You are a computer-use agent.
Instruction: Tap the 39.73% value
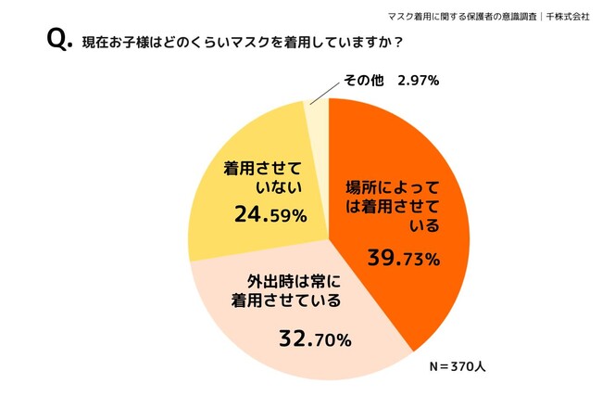coord(406,257)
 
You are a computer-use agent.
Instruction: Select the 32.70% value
coord(315,339)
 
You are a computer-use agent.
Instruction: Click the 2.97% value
coord(418,81)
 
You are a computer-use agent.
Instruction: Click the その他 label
coord(363,81)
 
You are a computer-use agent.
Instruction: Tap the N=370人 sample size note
coord(455,366)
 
